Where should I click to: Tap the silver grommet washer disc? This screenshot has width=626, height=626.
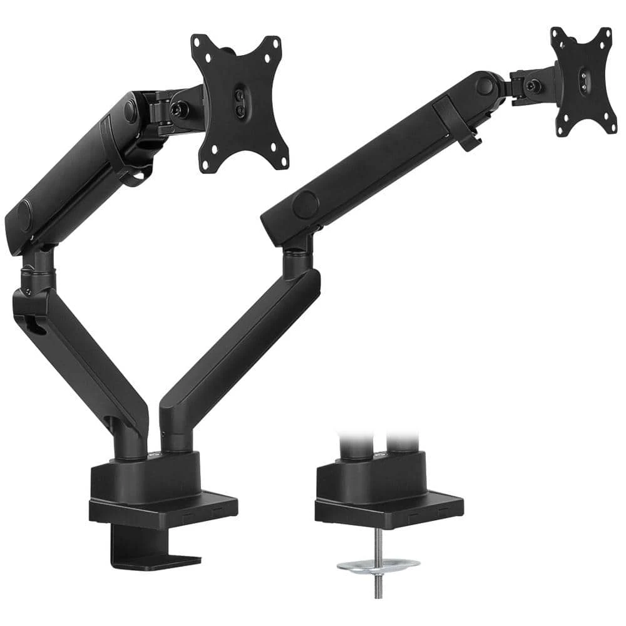pyautogui.click(x=378, y=565)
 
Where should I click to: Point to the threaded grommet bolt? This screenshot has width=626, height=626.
pyautogui.click(x=378, y=588)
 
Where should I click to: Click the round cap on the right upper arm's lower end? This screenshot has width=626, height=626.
pyautogui.click(x=305, y=204)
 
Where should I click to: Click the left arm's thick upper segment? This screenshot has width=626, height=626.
pyautogui.click(x=75, y=169)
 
